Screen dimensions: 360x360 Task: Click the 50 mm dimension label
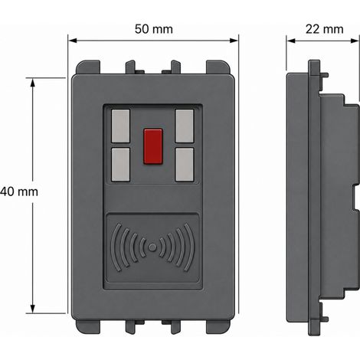(154, 29)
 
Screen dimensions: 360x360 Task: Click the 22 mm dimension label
(324, 29)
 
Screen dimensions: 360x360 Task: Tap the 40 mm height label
(19, 191)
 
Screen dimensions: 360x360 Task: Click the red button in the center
(153, 146)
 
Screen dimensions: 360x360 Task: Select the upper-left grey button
(121, 126)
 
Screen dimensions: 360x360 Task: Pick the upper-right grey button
(185, 126)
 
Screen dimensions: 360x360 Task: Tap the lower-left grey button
(121, 165)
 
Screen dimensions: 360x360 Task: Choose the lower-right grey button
(185, 165)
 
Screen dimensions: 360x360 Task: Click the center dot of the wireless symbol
(152, 247)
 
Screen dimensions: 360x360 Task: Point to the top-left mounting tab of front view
(88, 67)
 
